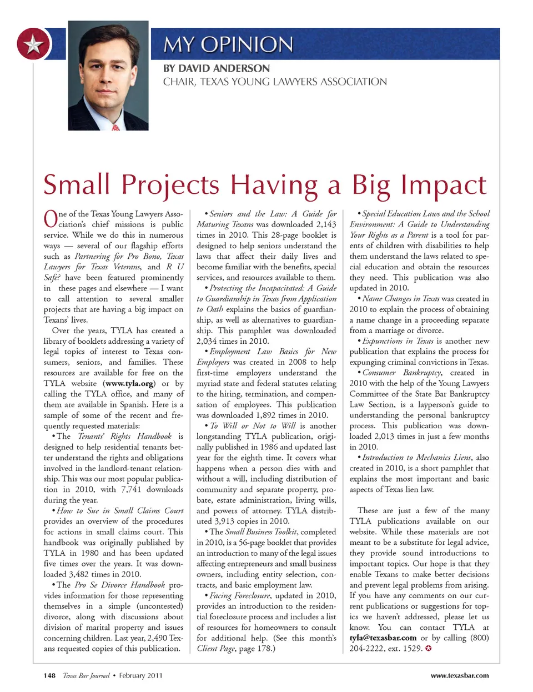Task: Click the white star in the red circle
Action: [34, 44]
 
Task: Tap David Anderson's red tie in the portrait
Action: [115, 127]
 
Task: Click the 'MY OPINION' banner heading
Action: [228, 44]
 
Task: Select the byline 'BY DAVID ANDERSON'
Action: [217, 68]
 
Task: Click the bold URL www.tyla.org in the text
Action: [129, 384]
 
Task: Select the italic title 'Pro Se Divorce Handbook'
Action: [119, 585]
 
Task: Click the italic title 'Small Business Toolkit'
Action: [261, 531]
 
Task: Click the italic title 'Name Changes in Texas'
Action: [400, 299]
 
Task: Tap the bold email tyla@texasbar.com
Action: [383, 638]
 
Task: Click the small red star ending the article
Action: [428, 648]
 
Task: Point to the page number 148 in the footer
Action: [49, 676]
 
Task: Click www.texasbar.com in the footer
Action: [460, 676]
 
